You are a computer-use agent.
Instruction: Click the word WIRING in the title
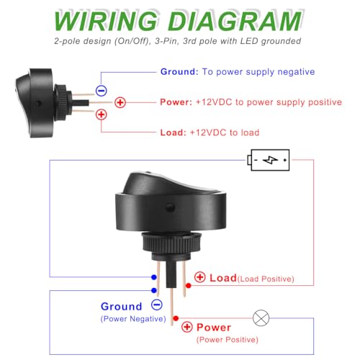[106, 21]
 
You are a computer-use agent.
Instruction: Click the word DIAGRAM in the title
[235, 21]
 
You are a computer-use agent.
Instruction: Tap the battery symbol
[269, 160]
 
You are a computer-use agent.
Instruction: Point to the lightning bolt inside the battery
[270, 160]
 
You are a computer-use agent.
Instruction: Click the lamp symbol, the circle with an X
[261, 318]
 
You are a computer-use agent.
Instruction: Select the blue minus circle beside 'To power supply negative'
[102, 91]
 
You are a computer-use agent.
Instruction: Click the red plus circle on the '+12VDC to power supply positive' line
[120, 102]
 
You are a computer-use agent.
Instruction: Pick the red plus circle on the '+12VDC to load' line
[102, 114]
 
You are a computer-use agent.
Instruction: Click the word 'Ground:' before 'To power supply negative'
[179, 71]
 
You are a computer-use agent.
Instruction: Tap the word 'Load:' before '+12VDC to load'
[174, 132]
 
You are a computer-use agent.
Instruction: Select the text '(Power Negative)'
[133, 319]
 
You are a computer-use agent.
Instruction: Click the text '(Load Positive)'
[266, 279]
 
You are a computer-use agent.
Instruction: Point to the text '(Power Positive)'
[228, 340]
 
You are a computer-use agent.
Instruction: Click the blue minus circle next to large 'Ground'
[157, 305]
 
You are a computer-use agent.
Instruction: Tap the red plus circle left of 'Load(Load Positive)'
[200, 277]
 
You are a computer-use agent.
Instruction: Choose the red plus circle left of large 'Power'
[187, 327]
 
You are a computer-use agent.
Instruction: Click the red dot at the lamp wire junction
[176, 318]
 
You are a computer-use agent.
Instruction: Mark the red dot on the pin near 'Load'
[189, 286]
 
